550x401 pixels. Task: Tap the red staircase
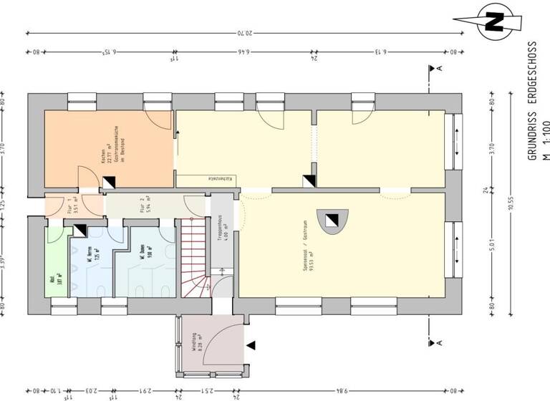point(193,258)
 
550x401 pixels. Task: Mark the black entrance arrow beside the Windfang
point(251,345)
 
